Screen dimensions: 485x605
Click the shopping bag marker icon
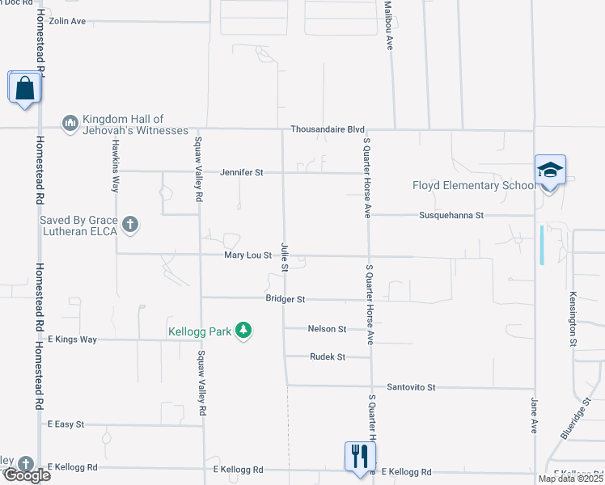[x=24, y=86]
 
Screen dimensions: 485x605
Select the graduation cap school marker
[x=550, y=171]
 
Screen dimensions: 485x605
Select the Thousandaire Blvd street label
[x=328, y=129]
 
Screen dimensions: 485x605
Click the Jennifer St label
[x=241, y=172]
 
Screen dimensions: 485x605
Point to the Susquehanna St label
[x=451, y=215]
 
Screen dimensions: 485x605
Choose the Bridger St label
[x=285, y=298]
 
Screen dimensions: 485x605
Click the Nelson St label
[x=327, y=329]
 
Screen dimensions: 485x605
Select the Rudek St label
[x=328, y=356]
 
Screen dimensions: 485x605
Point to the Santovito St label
[x=410, y=387]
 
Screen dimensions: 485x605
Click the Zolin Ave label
[x=66, y=21]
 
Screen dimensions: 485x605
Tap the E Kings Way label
[x=72, y=339]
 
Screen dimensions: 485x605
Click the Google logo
[x=26, y=475]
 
